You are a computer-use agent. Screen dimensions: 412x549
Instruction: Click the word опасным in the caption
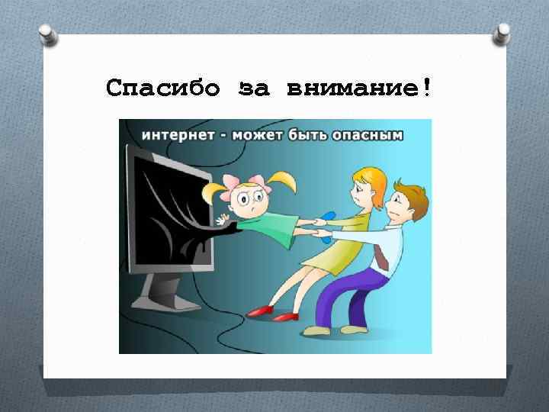pos(371,135)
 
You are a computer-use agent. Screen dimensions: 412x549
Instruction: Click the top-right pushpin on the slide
pos(503,32)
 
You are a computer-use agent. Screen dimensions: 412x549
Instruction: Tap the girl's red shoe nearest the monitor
pos(260,310)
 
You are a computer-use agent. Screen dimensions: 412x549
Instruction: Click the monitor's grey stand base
pos(165,295)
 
